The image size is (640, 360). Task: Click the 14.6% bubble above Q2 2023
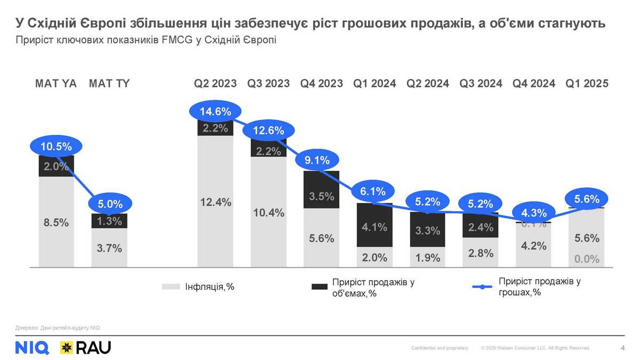click(x=215, y=111)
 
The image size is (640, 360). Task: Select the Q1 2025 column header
click(x=587, y=84)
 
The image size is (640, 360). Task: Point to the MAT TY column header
click(x=109, y=84)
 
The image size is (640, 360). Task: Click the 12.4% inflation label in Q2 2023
click(x=215, y=203)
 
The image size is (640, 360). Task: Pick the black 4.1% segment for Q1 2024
click(x=374, y=227)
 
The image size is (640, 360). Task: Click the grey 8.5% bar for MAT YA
click(x=56, y=222)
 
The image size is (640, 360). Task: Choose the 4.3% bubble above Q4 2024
click(x=534, y=213)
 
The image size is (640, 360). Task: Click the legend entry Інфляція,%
click(x=209, y=287)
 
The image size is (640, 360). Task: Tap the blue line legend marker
click(x=482, y=287)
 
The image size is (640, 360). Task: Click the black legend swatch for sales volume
click(x=319, y=287)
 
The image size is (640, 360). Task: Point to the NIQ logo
click(x=33, y=347)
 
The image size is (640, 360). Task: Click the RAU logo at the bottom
click(x=85, y=347)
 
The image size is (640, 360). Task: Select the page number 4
click(x=623, y=348)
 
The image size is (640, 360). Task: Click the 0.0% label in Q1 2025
click(x=587, y=259)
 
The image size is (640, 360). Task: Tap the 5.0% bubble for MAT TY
click(x=109, y=203)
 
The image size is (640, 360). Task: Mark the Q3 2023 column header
click(x=268, y=84)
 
